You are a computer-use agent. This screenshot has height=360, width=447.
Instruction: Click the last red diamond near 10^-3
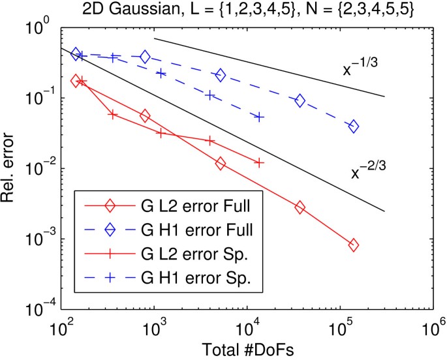click(354, 245)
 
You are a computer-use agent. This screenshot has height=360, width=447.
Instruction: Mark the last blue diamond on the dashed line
click(354, 127)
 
